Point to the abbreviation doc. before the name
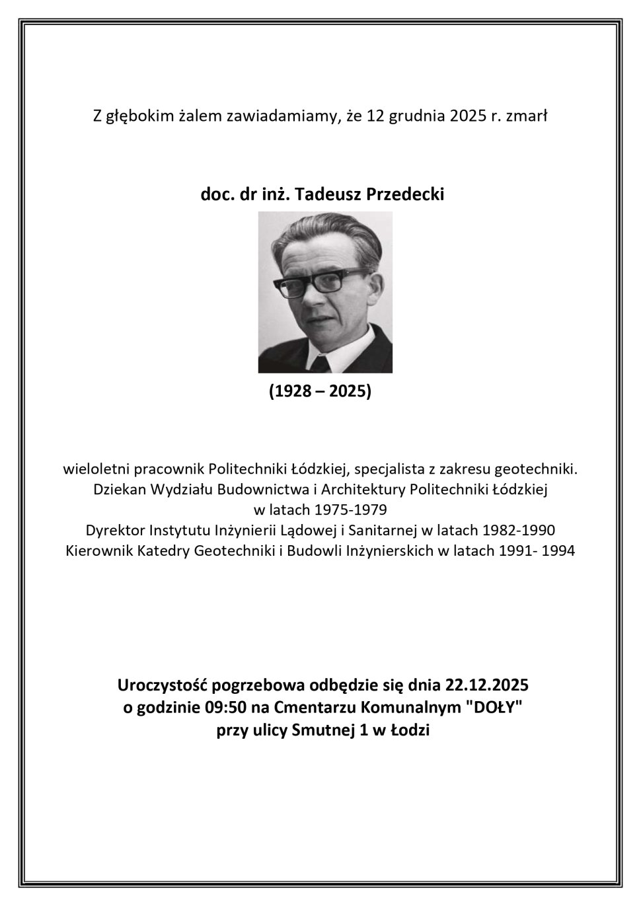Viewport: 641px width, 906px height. pyautogui.click(x=215, y=195)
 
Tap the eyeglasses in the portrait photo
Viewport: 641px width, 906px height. pyautogui.click(x=320, y=282)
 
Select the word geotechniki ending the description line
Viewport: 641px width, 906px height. pyautogui.click(x=540, y=471)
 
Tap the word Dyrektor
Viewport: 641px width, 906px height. pyautogui.click(x=115, y=530)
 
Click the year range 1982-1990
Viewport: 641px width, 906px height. pyautogui.click(x=519, y=530)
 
